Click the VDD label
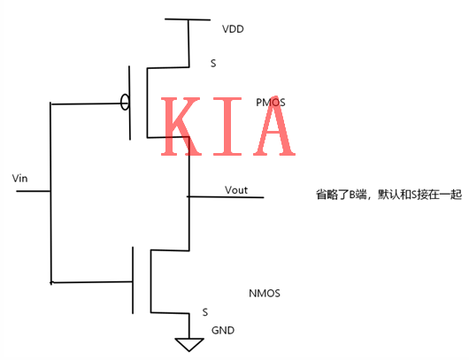233,29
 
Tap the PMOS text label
270,103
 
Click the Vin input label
21,180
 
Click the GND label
222,330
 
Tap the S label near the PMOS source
212,64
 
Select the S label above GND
205,312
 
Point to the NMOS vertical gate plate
134,280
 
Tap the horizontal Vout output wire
225,196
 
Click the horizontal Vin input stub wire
32,190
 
